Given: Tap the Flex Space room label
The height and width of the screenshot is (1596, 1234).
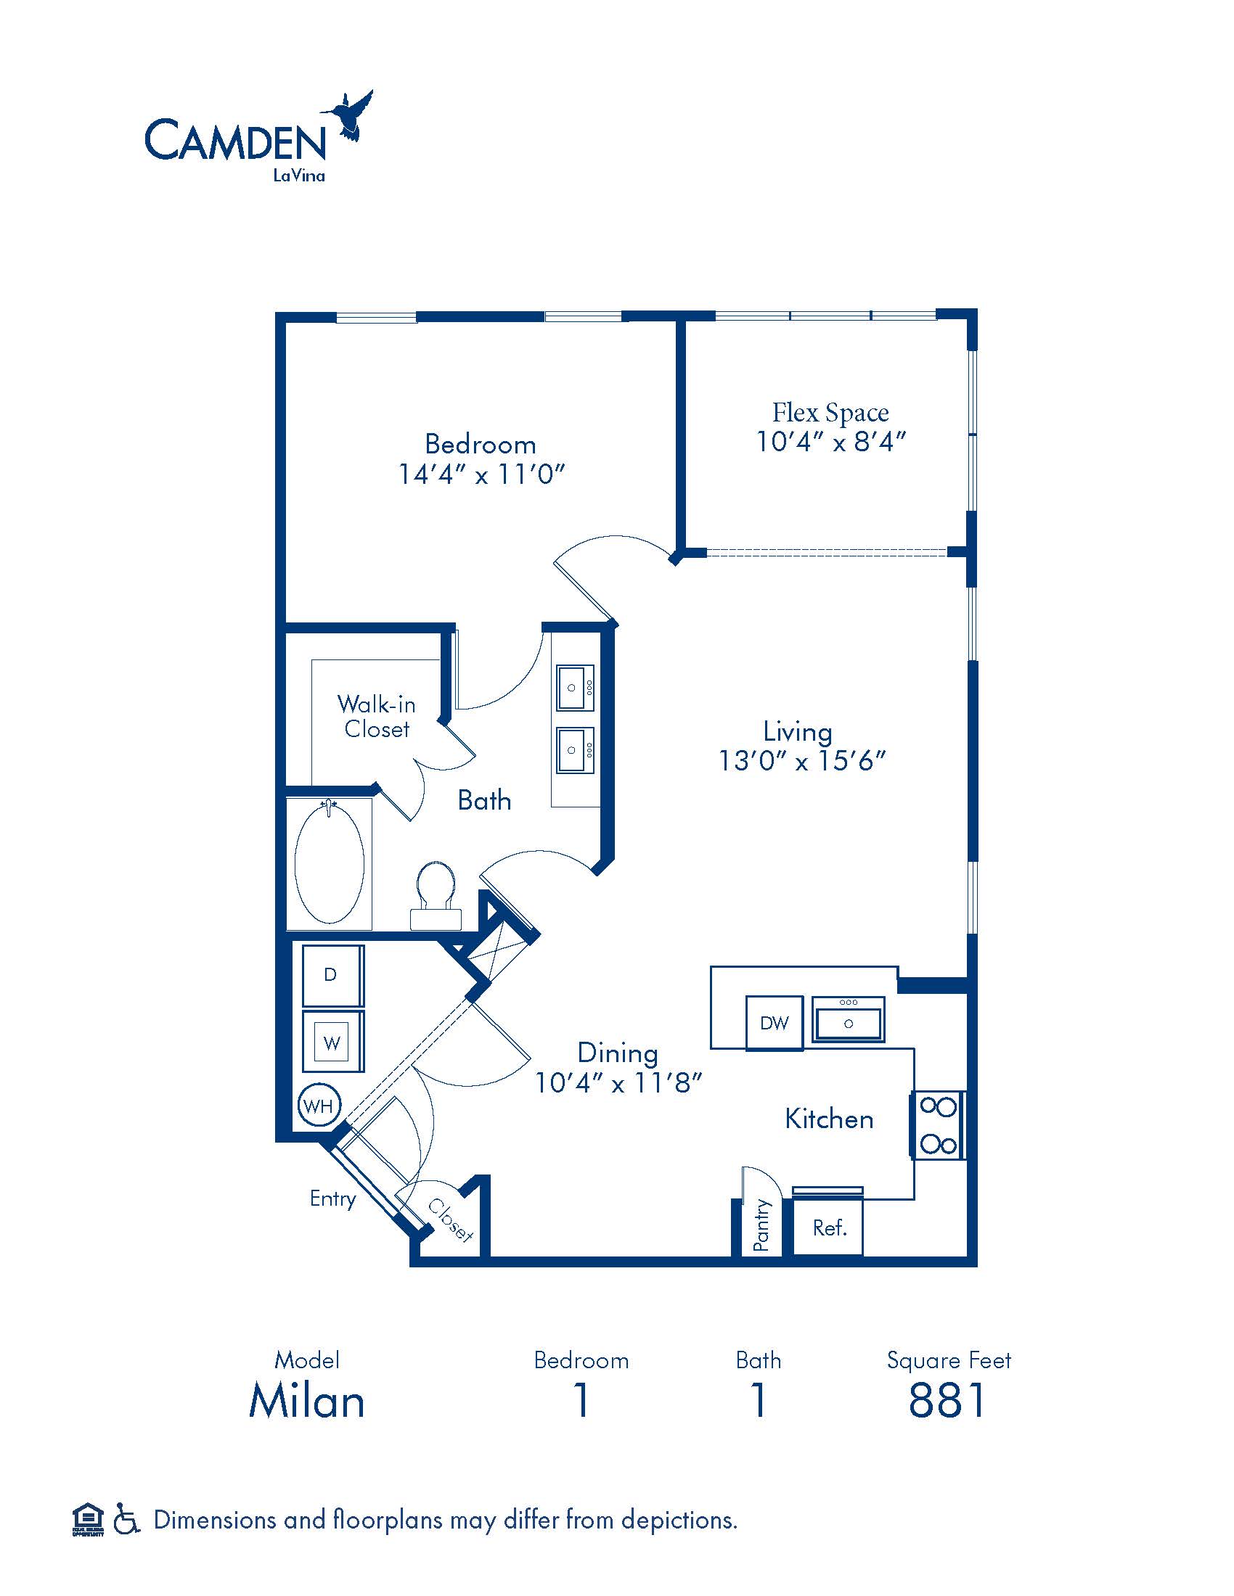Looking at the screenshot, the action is click(830, 413).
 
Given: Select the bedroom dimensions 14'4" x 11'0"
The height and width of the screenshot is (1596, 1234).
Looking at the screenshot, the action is click(482, 474).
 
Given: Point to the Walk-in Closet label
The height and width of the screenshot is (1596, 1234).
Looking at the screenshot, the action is click(377, 716).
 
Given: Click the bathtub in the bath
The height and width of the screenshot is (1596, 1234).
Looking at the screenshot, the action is click(329, 863).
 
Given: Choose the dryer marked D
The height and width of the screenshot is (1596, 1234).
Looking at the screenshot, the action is click(332, 975).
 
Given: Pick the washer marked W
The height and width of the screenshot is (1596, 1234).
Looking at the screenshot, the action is click(332, 1041).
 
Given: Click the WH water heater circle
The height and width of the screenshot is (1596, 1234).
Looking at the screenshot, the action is click(319, 1106).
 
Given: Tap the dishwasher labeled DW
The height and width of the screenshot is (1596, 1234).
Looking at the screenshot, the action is click(775, 1023).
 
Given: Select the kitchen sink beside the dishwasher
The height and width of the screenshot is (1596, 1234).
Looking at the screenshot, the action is click(848, 1019).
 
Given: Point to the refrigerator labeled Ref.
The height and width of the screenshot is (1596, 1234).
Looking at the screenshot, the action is click(828, 1227).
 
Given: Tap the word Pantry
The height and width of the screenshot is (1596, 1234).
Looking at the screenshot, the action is click(761, 1225).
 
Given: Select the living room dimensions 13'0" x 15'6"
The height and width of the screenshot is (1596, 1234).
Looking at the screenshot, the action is click(802, 761).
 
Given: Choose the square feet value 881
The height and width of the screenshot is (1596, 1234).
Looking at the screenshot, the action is click(947, 1401).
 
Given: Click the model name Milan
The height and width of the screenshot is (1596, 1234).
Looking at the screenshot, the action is click(307, 1401).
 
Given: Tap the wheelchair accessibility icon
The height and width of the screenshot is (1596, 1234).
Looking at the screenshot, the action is click(126, 1520).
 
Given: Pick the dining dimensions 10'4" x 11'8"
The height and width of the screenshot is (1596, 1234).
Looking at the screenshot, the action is click(618, 1082).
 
